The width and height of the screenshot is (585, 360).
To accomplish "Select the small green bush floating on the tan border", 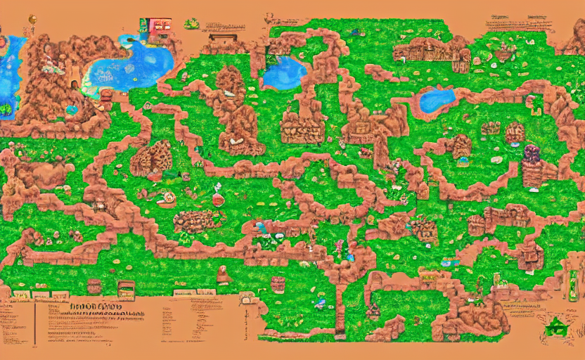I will coord(191,24).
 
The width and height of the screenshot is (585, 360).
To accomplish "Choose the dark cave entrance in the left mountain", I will coord(106,95).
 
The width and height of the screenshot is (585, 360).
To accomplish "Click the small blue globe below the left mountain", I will coord(71,110).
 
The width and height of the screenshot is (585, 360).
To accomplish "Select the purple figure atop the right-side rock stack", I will coord(532,153).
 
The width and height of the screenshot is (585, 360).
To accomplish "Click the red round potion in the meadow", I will coord(218,199).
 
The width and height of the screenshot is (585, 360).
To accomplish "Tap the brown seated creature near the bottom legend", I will coord(224,274).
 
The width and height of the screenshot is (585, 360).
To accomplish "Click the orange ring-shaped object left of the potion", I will coord(168,198).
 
